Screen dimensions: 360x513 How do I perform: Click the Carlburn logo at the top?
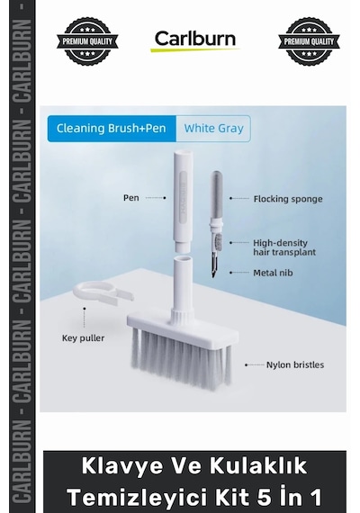click(195, 40)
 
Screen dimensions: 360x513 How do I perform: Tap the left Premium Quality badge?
click(87, 41)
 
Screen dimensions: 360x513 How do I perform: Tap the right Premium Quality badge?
click(309, 41)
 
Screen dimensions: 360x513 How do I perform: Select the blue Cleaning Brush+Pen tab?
click(112, 128)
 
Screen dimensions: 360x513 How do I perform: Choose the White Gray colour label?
click(213, 128)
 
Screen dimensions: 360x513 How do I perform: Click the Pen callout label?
click(130, 198)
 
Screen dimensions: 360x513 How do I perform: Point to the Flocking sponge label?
click(288, 199)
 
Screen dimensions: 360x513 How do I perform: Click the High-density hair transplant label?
click(284, 247)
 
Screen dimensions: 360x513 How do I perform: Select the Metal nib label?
click(273, 273)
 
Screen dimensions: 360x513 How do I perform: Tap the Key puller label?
click(83, 338)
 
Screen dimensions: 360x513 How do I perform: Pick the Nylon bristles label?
click(295, 364)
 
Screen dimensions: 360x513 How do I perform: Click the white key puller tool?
click(102, 292)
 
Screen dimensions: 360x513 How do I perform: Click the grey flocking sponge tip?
click(216, 194)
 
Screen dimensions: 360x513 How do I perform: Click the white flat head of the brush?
click(183, 326)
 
